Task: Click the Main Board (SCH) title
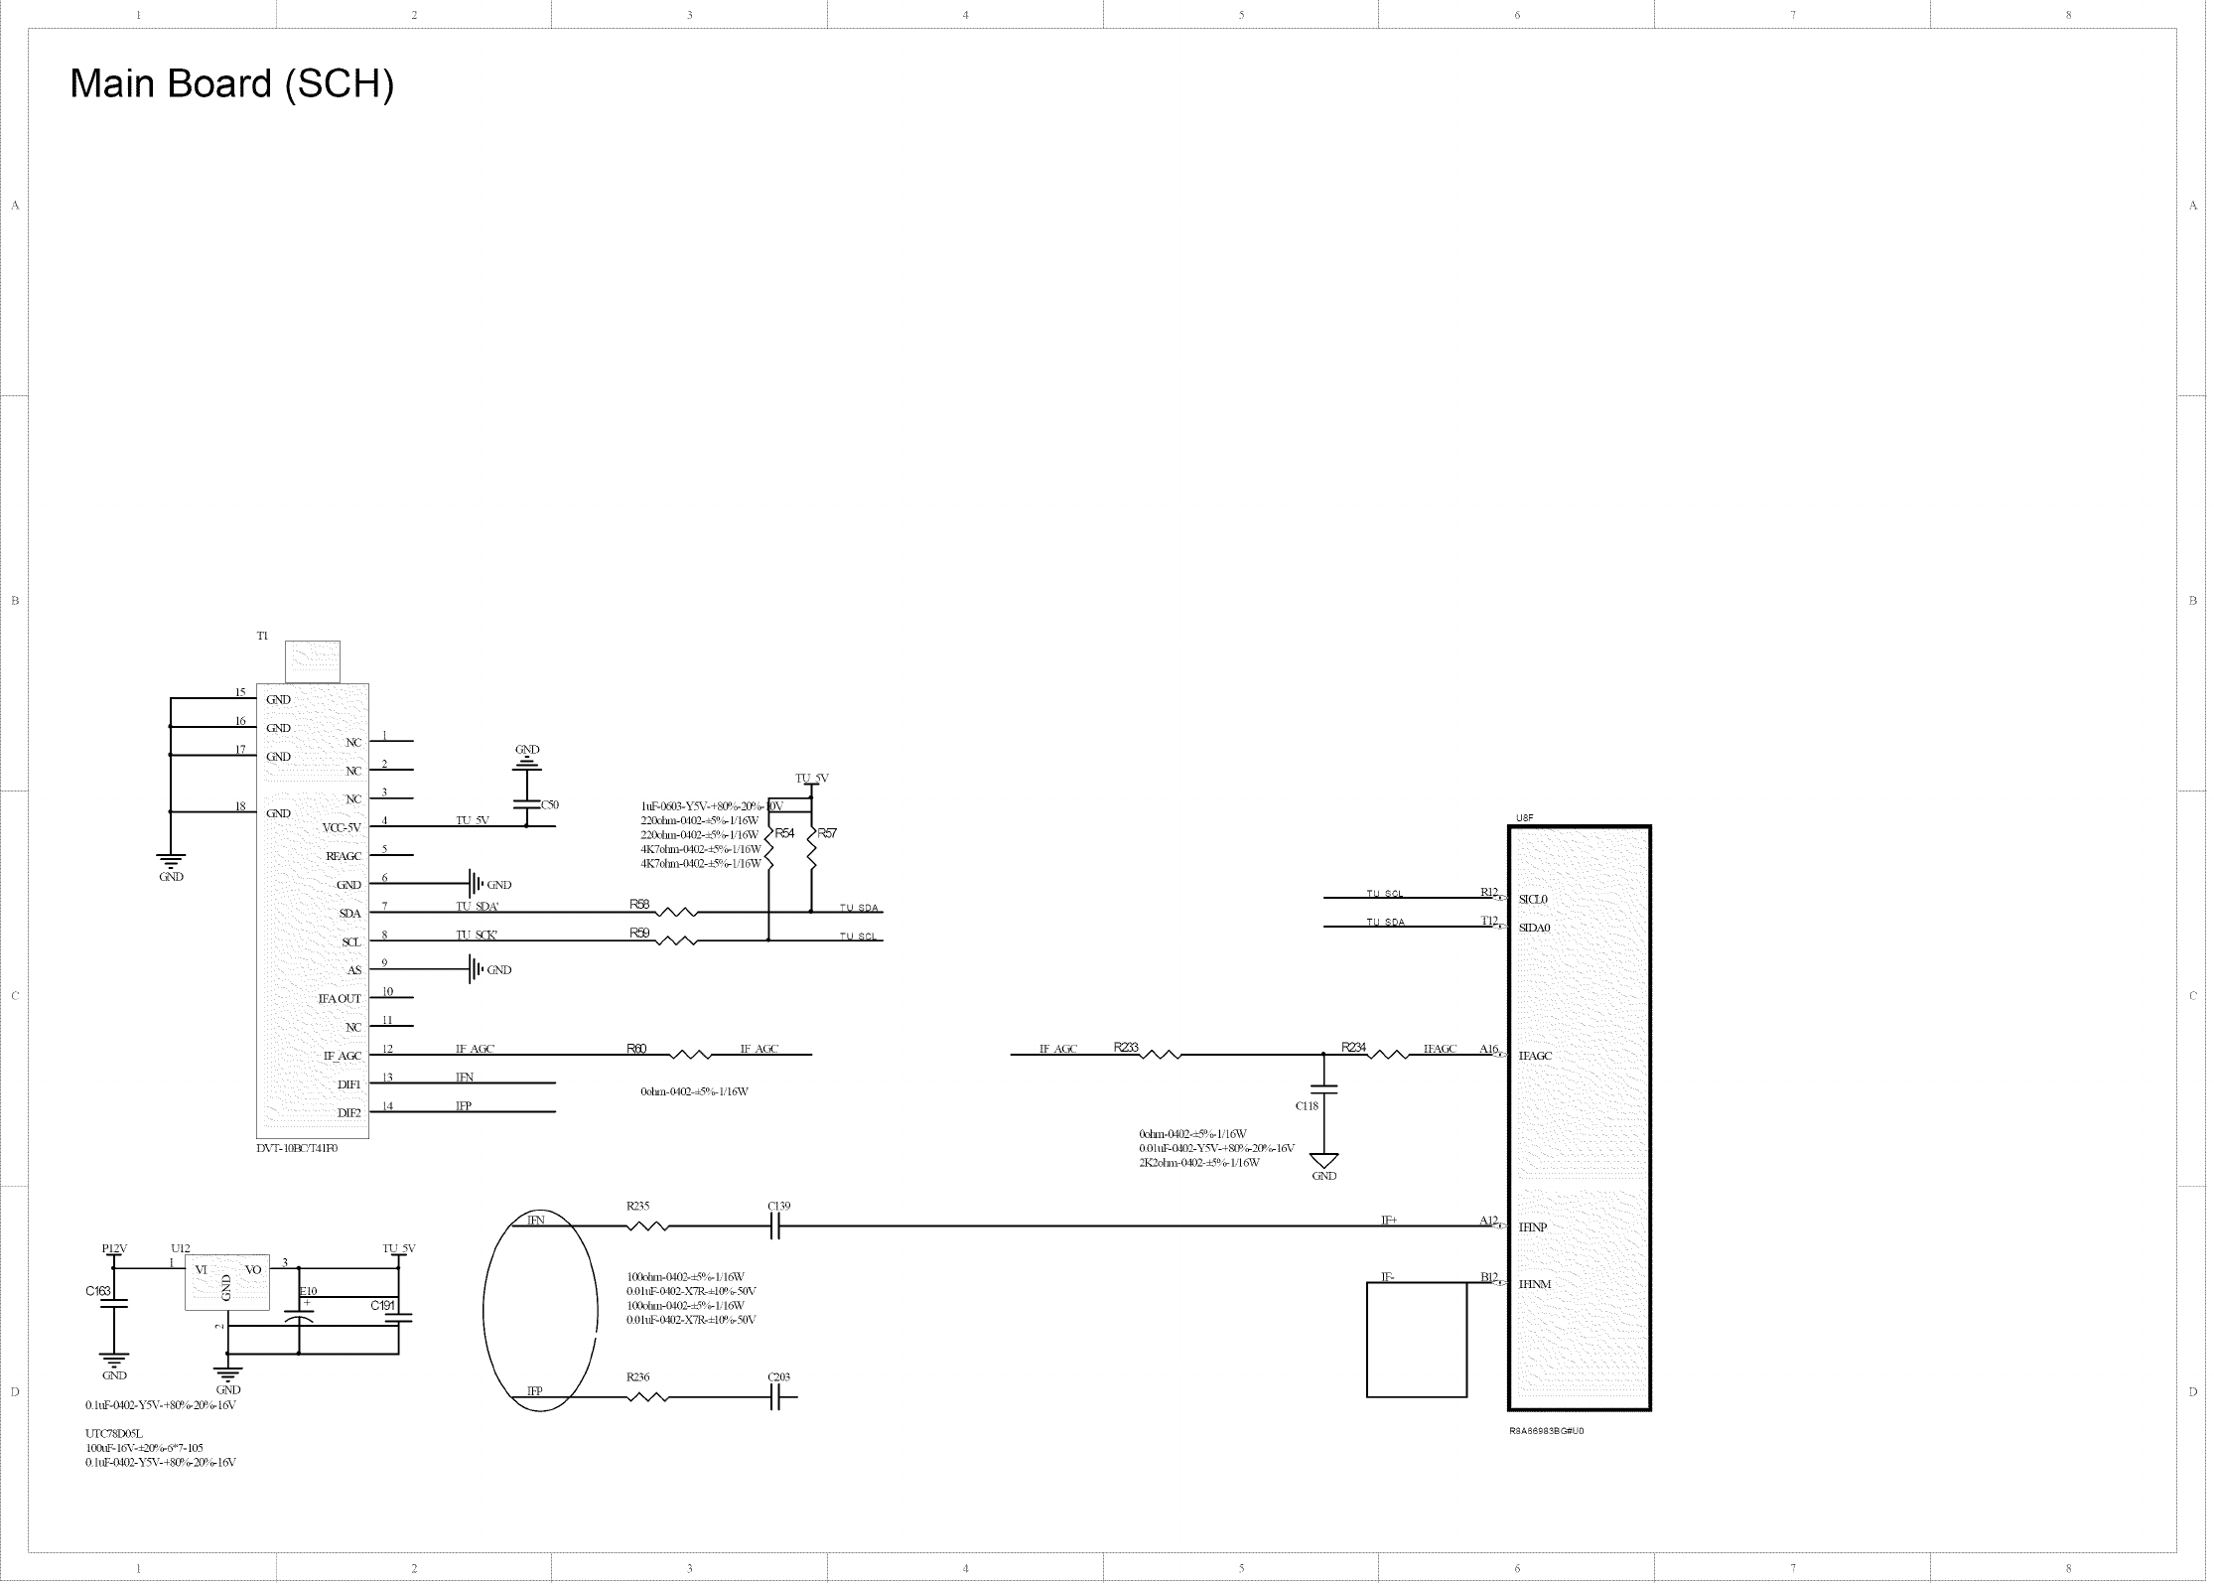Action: [231, 84]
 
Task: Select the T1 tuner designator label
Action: [262, 636]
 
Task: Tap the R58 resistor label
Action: [639, 904]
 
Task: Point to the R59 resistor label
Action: [639, 933]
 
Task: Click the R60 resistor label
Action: [636, 1049]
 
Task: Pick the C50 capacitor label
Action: [550, 804]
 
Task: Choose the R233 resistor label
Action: [1126, 1047]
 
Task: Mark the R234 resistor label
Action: [1353, 1047]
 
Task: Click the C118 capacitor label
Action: [1307, 1105]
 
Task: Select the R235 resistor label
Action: [637, 1206]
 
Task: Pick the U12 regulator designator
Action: [180, 1248]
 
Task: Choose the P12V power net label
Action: [114, 1248]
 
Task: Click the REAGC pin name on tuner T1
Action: [344, 856]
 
